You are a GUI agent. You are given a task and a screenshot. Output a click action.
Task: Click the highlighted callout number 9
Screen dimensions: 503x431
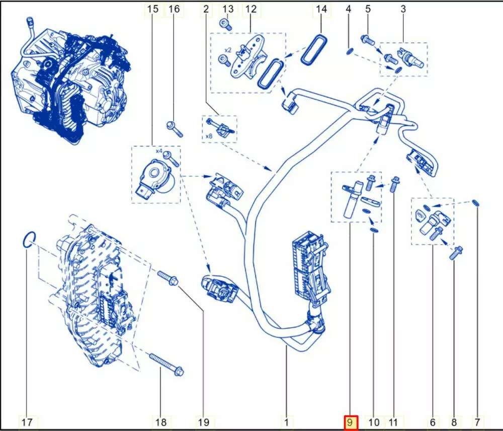pos(350,422)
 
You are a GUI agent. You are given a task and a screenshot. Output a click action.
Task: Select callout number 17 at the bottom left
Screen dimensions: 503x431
pos(27,422)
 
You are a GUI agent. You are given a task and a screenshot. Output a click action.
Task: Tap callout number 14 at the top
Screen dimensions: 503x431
pos(321,9)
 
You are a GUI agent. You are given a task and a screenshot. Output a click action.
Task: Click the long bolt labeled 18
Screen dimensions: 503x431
pos(166,365)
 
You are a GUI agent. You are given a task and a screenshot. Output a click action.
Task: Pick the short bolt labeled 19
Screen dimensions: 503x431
pos(168,278)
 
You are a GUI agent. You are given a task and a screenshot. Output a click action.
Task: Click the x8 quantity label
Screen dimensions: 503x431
pos(209,136)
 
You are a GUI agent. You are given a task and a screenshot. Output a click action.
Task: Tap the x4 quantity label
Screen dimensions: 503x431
pos(159,151)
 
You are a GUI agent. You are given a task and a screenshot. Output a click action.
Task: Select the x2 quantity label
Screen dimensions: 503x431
pos(227,50)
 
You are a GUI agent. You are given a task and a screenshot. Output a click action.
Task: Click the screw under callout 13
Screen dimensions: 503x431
pos(226,24)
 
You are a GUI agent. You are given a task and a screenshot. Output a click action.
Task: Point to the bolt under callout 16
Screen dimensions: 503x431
pos(175,128)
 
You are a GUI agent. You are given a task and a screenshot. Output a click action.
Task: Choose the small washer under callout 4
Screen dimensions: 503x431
pos(350,51)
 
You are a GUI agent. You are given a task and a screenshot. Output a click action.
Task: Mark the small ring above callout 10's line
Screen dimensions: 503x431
pos(374,230)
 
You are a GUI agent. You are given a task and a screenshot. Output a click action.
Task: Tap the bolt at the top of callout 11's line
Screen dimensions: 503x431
pos(394,184)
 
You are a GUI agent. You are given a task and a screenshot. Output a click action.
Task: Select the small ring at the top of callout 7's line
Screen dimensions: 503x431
pos(476,202)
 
